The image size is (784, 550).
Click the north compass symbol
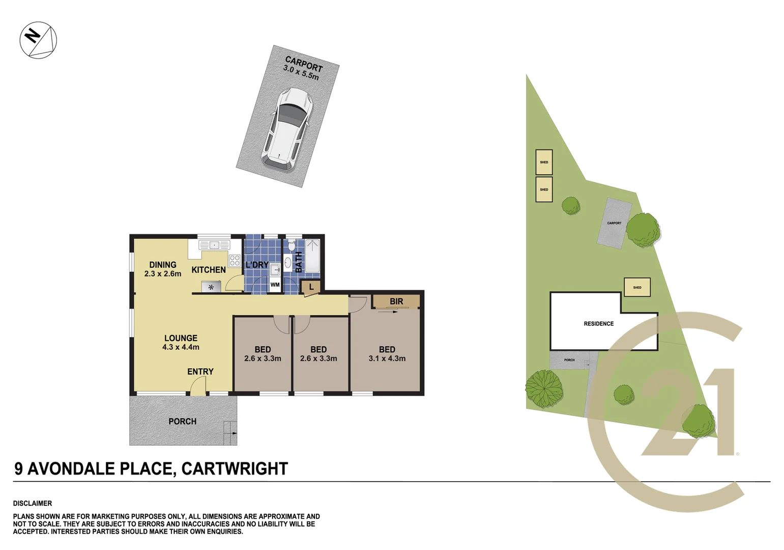coord(38,40)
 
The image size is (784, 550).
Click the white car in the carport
coord(287,127)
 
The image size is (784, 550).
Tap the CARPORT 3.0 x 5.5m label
coord(303,68)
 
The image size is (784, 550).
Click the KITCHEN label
coord(209,270)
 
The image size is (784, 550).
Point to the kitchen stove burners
coord(235,261)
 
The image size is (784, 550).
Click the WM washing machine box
coord(275,285)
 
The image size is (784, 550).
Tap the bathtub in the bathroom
coord(312,256)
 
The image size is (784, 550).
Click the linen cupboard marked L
coord(311,288)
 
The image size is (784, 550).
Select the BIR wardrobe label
coord(396,301)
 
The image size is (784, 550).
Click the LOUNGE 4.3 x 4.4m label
coord(181,342)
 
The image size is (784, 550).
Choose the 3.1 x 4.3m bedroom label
coord(387,354)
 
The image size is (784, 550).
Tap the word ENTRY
coord(200,372)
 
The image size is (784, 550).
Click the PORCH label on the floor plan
coord(182,422)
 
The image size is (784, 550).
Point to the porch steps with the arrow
coord(230,433)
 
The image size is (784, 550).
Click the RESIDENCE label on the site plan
coord(599,324)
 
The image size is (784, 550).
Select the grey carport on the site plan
coord(614,223)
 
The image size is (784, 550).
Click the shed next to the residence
coord(637,287)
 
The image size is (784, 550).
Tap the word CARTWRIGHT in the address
coord(235,469)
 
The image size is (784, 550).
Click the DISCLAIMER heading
coord(33,504)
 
